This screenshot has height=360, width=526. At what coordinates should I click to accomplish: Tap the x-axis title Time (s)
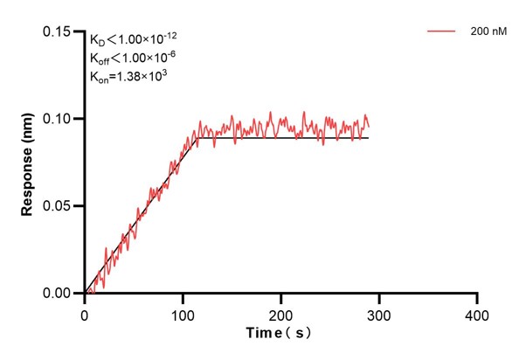point(280,334)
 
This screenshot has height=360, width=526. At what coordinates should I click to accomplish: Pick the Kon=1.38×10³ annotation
point(129,76)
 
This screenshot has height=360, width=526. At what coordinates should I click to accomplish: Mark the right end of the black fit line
point(369,138)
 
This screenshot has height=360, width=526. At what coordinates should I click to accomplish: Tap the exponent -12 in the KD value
point(172,35)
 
